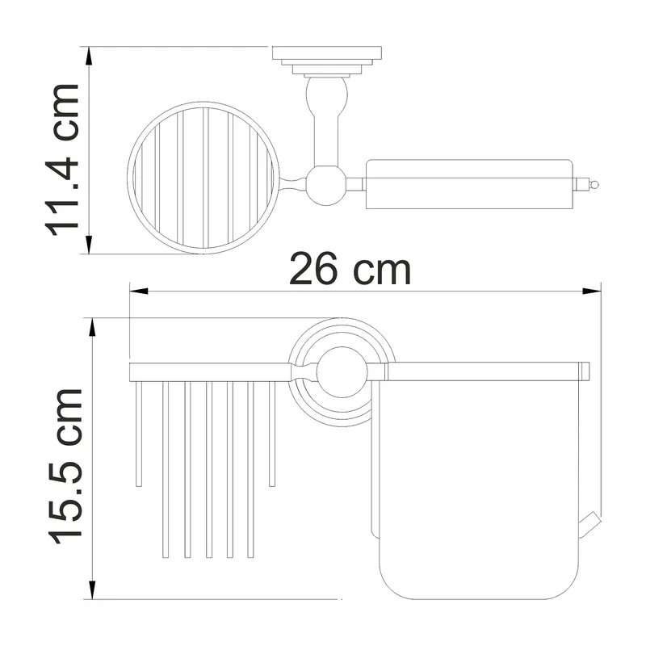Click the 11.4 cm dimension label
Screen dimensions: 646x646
point(62,160)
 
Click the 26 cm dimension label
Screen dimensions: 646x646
point(350,270)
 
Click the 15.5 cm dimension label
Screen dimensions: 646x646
point(66,466)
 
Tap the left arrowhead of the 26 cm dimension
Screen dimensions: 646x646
point(139,292)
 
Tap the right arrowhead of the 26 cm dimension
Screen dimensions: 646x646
point(592,292)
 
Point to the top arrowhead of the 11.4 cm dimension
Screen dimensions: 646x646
point(89,56)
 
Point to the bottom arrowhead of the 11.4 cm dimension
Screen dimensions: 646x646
point(89,245)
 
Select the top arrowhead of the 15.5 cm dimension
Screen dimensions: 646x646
point(92,327)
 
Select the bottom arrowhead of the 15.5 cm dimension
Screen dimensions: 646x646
point(92,590)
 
